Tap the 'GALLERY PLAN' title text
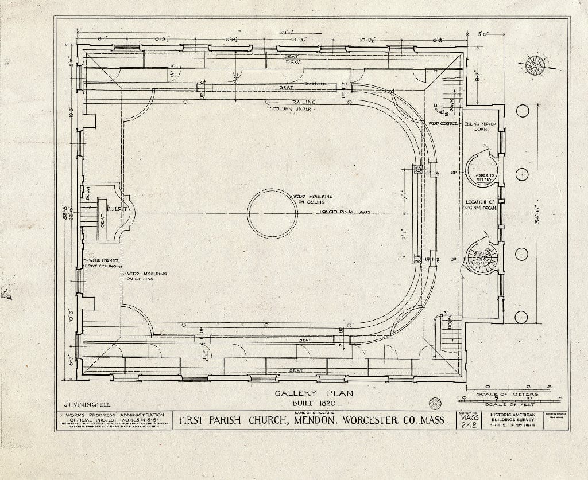click(313, 393)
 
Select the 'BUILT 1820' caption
click(314, 404)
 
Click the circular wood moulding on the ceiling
click(272, 213)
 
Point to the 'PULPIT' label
click(115, 209)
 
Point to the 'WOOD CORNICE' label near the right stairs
click(442, 123)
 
